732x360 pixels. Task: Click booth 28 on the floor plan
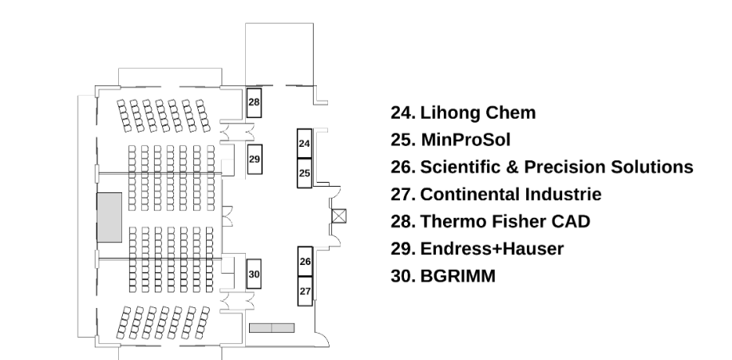tap(254, 103)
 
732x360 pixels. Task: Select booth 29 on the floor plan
tap(255, 159)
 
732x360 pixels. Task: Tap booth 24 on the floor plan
tap(304, 144)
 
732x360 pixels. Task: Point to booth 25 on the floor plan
tap(304, 173)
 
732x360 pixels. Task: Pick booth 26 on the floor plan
tap(305, 262)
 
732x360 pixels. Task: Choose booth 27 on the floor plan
tap(305, 291)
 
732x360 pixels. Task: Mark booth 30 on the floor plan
tap(254, 274)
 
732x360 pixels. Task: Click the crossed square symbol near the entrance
tap(339, 216)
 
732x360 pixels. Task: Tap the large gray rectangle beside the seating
tap(109, 217)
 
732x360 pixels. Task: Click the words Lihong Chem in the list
tap(478, 113)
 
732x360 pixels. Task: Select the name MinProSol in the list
tap(465, 140)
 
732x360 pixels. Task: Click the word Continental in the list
tap(470, 194)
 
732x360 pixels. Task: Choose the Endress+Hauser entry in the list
tap(492, 249)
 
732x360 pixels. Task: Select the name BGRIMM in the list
tap(458, 276)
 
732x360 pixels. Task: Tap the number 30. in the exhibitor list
tap(403, 276)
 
